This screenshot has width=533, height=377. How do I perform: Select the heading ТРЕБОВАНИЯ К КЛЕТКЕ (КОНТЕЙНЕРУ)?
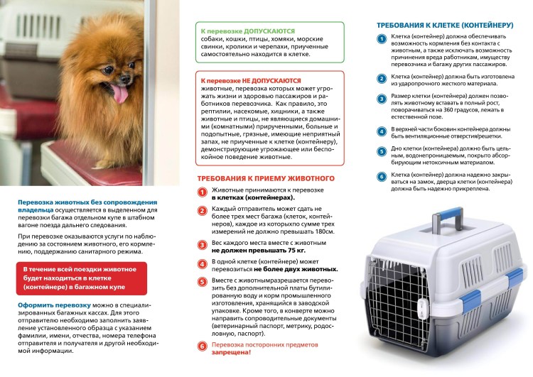pyautogui.click(x=444, y=25)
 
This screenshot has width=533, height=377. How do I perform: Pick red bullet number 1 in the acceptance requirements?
pyautogui.click(x=202, y=192)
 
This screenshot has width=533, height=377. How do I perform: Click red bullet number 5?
pyautogui.click(x=202, y=282)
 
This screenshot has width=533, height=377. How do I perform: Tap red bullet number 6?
pyautogui.click(x=202, y=345)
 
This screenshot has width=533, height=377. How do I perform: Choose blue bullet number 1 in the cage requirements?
pyautogui.click(x=382, y=39)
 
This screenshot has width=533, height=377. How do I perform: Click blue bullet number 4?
pyautogui.click(x=382, y=131)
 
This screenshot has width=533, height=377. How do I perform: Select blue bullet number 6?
pyautogui.click(x=382, y=176)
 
